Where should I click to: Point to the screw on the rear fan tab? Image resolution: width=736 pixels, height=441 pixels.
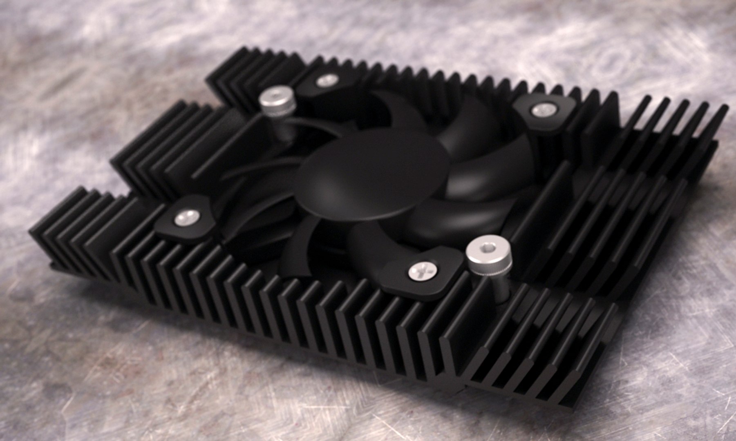click(x=325, y=80)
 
